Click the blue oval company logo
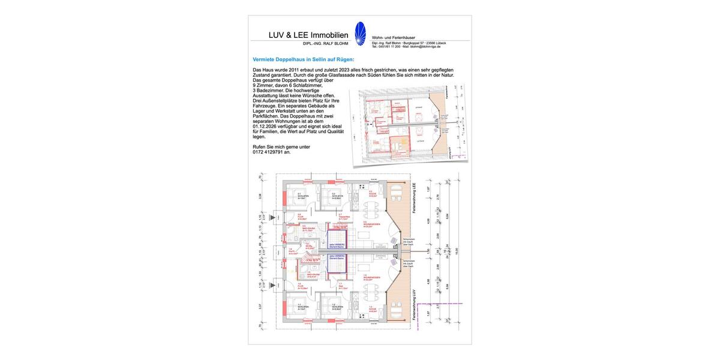click(x=360, y=34)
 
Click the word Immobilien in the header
click(x=327, y=35)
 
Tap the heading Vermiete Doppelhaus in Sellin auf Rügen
click(x=304, y=59)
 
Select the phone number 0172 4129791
click(x=271, y=152)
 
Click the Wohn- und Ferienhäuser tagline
click(x=394, y=38)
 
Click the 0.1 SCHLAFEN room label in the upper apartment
click(x=301, y=196)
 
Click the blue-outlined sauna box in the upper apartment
click(x=339, y=246)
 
